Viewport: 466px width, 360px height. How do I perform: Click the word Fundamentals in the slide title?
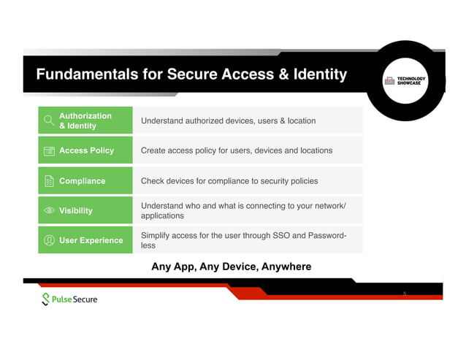pyautogui.click(x=80, y=74)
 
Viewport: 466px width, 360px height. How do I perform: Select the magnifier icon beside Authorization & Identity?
pyautogui.click(x=49, y=120)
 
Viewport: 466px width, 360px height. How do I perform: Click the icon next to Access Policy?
pyautogui.click(x=49, y=151)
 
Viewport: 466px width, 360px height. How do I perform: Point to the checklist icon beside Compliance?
pyautogui.click(x=49, y=181)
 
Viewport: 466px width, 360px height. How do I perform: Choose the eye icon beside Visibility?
pyautogui.click(x=49, y=210)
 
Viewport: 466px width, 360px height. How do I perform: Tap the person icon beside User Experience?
pyautogui.click(x=49, y=240)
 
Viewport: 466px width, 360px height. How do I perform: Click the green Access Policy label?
pyautogui.click(x=86, y=150)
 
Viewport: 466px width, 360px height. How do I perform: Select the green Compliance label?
pyautogui.click(x=82, y=181)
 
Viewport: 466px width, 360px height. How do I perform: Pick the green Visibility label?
pyautogui.click(x=75, y=210)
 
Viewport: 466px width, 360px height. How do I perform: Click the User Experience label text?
pyautogui.click(x=91, y=240)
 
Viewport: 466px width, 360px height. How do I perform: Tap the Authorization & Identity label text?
pyautogui.click(x=85, y=120)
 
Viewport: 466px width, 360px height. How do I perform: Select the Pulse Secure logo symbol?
pyautogui.click(x=47, y=299)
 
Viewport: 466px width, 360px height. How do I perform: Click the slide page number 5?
pyautogui.click(x=405, y=294)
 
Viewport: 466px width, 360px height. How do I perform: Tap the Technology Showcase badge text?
pyautogui.click(x=412, y=81)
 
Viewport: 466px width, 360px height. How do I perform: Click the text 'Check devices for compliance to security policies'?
pyautogui.click(x=229, y=180)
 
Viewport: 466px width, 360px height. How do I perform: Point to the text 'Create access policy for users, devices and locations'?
pyautogui.click(x=236, y=150)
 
